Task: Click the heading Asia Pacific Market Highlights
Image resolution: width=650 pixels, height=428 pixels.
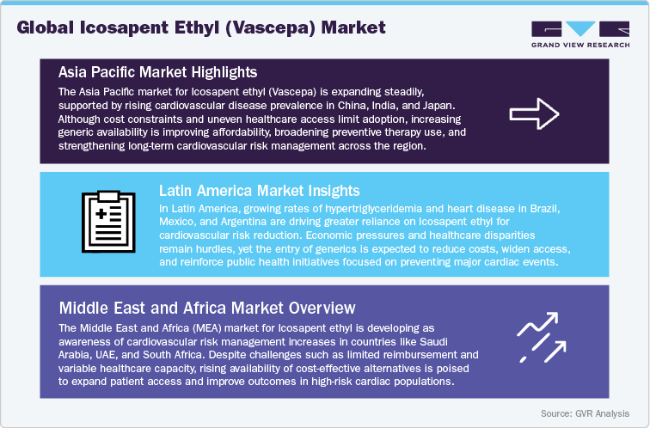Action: pyautogui.click(x=158, y=70)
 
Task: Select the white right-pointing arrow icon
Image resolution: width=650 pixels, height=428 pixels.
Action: pyautogui.click(x=535, y=112)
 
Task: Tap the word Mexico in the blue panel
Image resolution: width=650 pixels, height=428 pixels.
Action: pyautogui.click(x=179, y=222)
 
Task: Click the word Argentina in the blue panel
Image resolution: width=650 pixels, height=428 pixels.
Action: pyautogui.click(x=249, y=222)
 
